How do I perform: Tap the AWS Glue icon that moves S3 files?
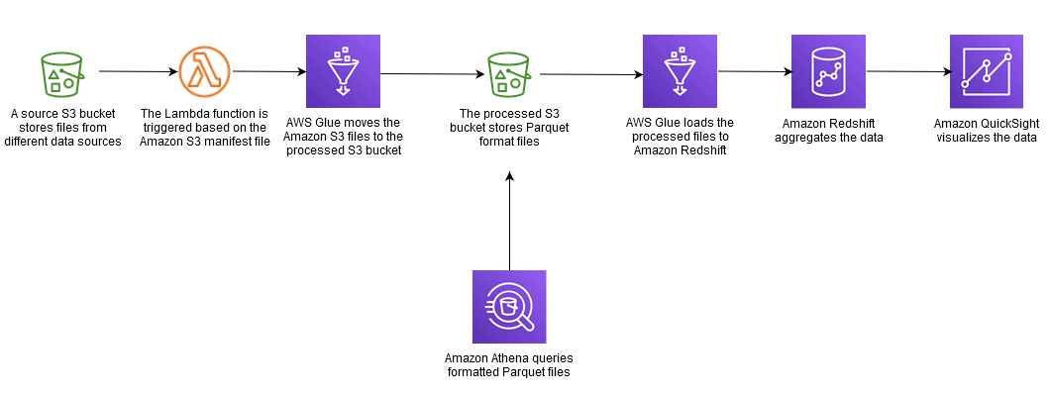point(343,71)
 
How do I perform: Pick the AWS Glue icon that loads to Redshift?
point(680,71)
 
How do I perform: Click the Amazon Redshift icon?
point(828,71)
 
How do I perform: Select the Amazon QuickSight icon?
point(986,71)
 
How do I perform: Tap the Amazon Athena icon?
point(509,307)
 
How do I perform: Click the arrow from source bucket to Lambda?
point(139,71)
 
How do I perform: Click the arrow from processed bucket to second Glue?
point(590,74)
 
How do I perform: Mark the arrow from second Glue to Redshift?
point(753,71)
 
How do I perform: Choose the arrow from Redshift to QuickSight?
point(907,71)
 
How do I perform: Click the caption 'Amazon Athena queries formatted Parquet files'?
point(509,364)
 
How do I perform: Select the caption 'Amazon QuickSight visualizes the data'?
point(985,130)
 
